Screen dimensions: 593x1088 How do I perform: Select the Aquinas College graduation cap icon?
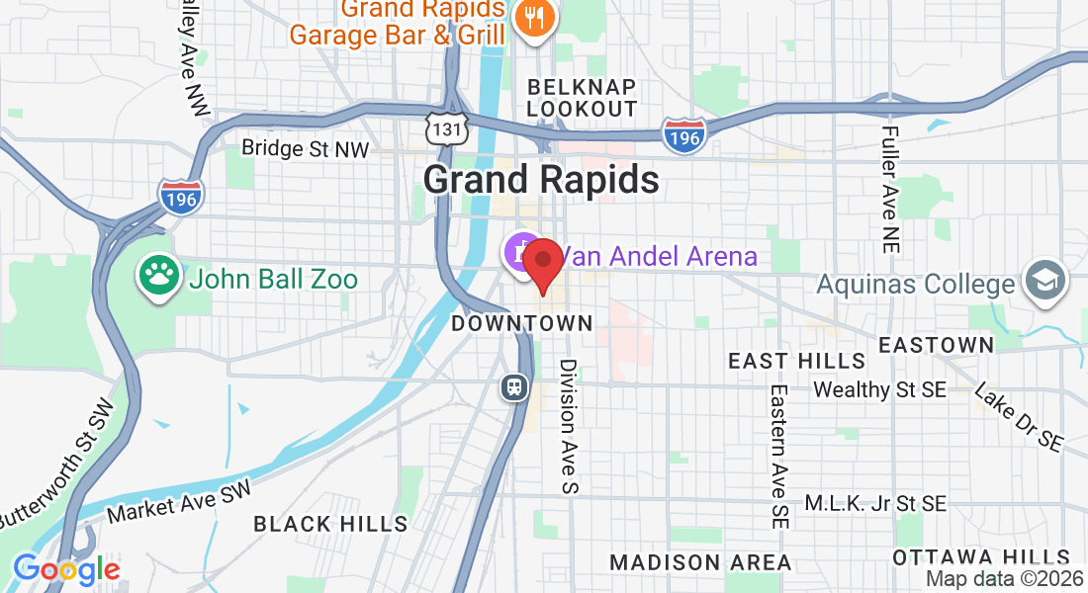coord(1043,281)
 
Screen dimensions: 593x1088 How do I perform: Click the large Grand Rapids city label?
coord(541,180)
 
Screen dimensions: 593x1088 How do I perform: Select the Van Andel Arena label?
coord(660,257)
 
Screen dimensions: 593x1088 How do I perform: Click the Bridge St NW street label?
coord(306,149)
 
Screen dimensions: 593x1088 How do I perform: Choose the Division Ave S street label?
coord(568,425)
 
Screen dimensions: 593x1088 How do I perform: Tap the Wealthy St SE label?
coord(879,389)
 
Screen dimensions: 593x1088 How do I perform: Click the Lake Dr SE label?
coord(1019,417)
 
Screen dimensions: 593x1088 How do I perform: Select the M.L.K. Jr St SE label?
coord(875,504)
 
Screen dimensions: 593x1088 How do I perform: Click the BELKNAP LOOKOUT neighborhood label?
coord(582,97)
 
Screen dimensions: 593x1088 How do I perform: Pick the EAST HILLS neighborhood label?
coord(797,361)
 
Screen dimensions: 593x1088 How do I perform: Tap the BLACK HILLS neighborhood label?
coord(330,524)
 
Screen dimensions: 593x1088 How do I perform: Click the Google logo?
coord(66,569)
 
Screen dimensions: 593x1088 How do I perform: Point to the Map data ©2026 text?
coord(1004,579)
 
